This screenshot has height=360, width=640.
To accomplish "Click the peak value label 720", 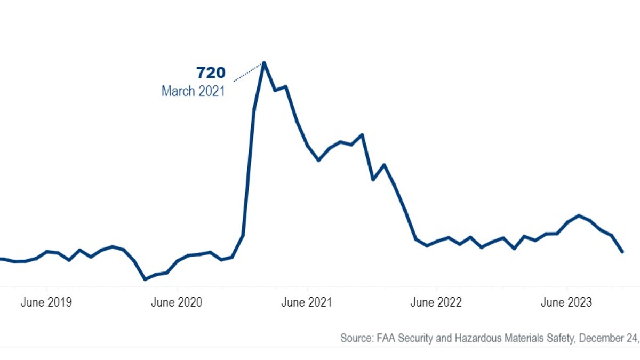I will (211, 73).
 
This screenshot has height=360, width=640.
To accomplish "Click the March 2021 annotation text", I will (193, 91).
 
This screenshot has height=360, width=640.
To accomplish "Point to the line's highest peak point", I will (264, 63).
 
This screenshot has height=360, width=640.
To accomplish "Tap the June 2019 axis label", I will (46, 302).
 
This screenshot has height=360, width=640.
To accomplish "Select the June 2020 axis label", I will (177, 302).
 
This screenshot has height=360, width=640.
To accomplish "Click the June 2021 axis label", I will (306, 302).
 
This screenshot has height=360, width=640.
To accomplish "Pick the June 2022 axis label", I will (436, 302).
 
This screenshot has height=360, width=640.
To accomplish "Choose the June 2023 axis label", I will (566, 302).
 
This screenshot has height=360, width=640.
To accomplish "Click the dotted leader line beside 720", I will (249, 73).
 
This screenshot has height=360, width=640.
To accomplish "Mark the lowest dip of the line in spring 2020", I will (145, 279).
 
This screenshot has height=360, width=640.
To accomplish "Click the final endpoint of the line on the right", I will (622, 252).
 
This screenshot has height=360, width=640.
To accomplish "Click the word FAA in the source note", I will (389, 338).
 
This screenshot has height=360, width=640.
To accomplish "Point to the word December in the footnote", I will (599, 338).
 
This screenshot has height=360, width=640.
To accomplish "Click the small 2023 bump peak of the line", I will (579, 215).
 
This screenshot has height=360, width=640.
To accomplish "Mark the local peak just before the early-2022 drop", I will (362, 134).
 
